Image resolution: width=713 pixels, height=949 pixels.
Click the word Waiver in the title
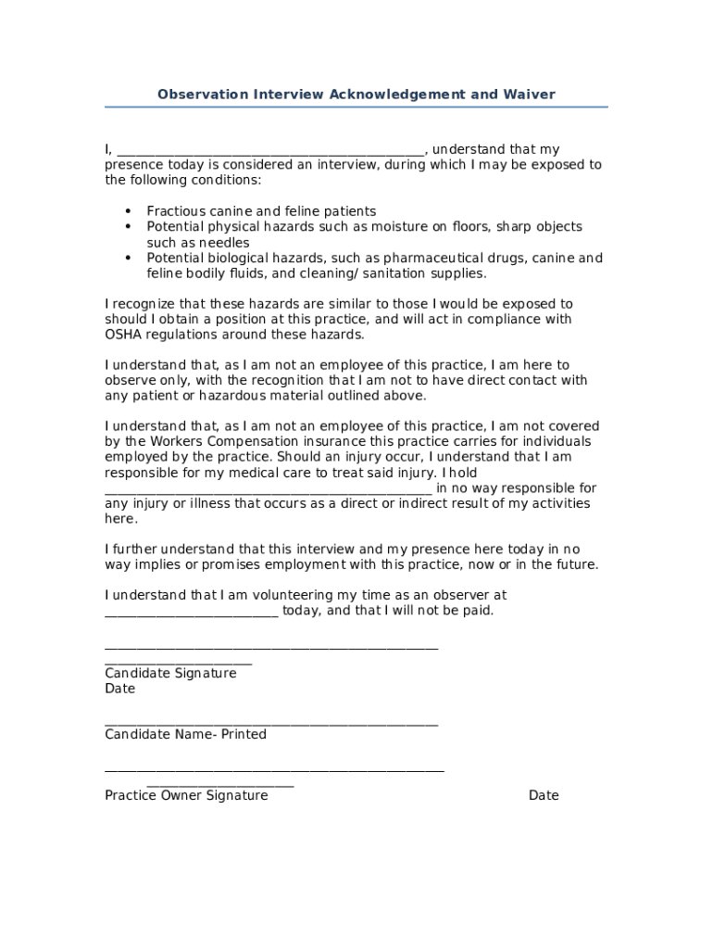529,95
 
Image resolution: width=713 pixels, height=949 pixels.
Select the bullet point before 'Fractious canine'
128,211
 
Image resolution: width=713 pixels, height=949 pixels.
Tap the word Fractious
176,211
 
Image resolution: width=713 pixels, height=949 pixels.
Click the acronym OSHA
124,335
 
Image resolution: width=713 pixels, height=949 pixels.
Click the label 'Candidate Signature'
170,673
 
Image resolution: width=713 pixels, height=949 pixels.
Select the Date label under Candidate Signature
119,689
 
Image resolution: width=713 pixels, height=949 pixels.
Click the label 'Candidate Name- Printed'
185,734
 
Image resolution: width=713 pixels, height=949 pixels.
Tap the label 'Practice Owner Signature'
186,795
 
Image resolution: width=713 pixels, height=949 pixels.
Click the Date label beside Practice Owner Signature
544,795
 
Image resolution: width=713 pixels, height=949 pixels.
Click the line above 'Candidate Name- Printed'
271,724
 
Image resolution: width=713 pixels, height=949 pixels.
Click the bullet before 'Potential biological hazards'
128,258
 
